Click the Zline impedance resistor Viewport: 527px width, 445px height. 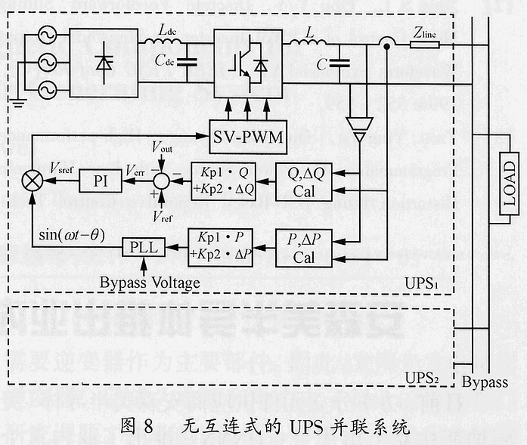tap(425, 45)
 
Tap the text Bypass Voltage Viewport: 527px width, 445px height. tap(150, 283)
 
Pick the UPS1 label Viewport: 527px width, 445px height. tap(423, 286)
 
